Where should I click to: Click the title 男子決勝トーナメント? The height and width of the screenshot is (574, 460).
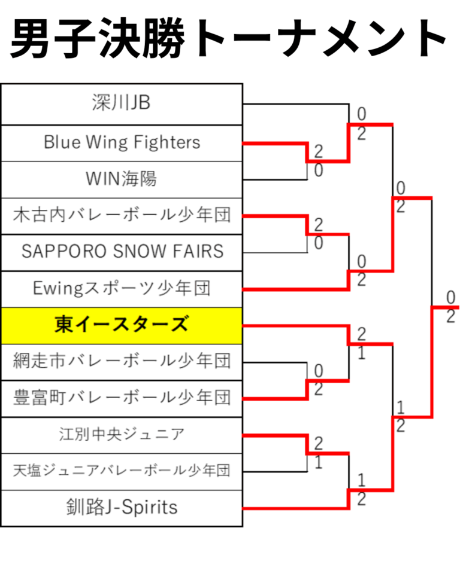click(229, 39)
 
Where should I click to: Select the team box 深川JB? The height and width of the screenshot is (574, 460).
click(122, 103)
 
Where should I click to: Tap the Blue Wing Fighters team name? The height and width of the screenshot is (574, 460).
click(122, 142)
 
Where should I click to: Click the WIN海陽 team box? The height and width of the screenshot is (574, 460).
click(122, 179)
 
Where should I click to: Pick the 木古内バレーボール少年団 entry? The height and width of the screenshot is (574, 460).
click(122, 215)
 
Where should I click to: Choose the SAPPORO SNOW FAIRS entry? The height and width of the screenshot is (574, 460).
click(122, 252)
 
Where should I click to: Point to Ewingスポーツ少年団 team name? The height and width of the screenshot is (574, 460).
click(122, 289)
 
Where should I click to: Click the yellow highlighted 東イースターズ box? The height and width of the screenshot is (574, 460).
click(122, 325)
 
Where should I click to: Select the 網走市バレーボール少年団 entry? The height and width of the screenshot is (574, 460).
click(122, 361)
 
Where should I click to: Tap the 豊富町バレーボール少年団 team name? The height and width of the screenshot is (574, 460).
click(122, 398)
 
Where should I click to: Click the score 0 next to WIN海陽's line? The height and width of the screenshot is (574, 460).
click(318, 171)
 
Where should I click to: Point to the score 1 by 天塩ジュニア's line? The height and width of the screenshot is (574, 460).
click(318, 463)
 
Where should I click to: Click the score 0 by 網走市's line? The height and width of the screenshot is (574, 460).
click(318, 371)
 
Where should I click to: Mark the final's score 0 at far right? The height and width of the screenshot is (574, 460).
click(450, 297)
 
